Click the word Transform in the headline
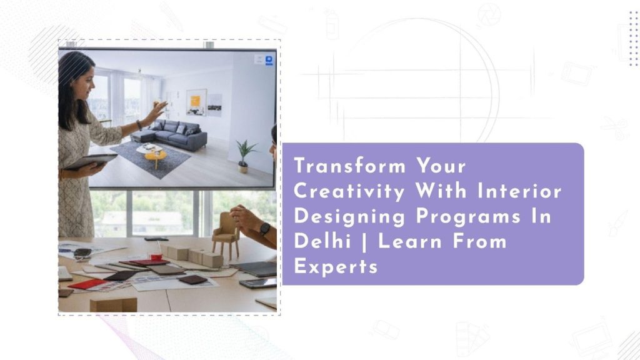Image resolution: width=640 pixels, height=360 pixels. coord(350,166)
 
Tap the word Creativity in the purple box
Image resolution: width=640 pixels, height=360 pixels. coord(349,192)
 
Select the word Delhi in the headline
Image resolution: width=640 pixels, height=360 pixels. coord(322,241)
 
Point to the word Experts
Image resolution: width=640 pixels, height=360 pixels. coord(336,266)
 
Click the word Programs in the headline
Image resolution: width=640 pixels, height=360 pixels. coord(469,217)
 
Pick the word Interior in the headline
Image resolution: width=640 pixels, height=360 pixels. coord(519,191)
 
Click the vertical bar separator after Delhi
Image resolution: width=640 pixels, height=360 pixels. coord(364,242)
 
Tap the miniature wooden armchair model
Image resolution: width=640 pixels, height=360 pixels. coord(226,236)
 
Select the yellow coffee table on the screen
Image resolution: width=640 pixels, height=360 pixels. coord(156,157)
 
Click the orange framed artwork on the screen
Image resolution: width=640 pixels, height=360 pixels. coord(196,102)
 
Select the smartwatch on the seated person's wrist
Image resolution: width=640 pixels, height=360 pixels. coord(264,229)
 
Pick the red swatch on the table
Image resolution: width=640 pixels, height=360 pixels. coord(87,284)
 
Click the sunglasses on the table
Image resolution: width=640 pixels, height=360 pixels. coord(82,254)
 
